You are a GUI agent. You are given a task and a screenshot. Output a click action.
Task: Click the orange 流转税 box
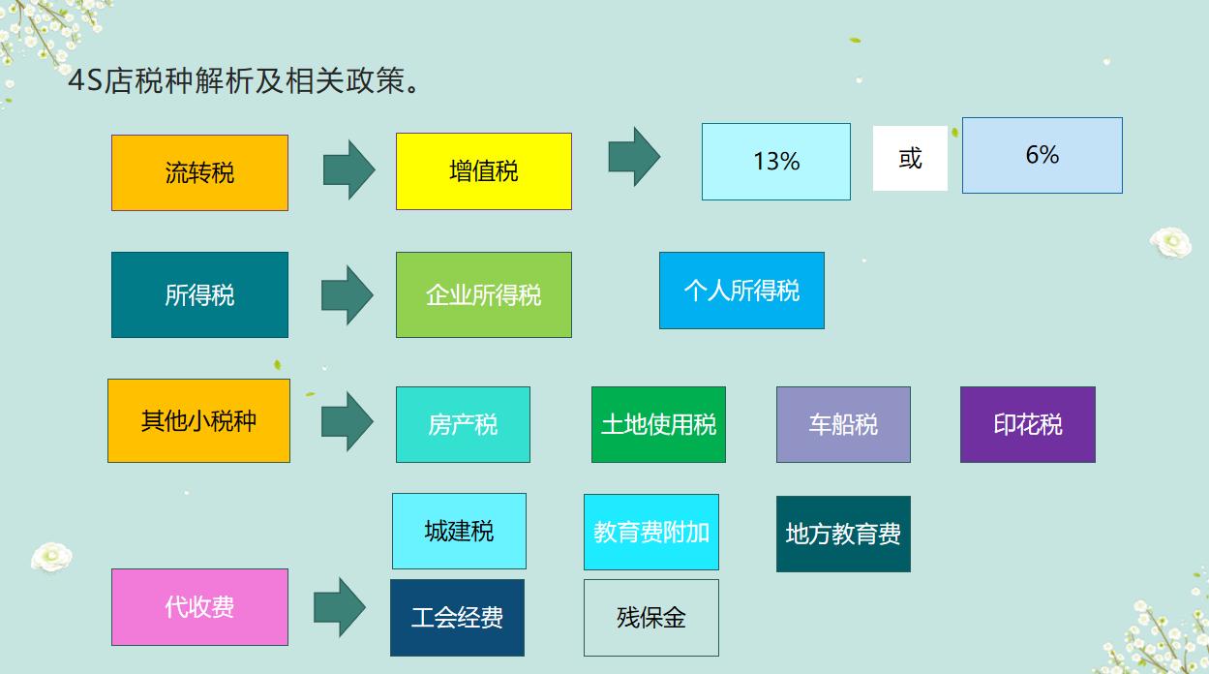click(199, 172)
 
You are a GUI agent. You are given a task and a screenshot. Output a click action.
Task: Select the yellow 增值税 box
click(483, 171)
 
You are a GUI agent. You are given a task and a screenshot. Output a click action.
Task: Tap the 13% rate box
click(775, 162)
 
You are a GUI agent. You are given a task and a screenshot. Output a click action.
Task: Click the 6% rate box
click(1042, 155)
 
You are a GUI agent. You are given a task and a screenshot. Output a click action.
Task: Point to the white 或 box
click(910, 158)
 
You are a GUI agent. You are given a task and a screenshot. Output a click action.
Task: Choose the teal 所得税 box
click(199, 294)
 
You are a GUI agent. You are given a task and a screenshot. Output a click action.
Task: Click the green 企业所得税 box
click(483, 294)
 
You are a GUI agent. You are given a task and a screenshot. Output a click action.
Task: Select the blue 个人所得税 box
click(741, 291)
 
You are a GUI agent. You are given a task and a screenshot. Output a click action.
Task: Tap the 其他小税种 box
click(198, 420)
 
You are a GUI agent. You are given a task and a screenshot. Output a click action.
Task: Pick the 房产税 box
click(463, 424)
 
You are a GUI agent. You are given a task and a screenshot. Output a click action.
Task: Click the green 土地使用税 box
click(658, 424)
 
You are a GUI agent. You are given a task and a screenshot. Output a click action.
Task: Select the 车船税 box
click(843, 424)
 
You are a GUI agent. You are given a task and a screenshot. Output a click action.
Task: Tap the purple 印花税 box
click(1027, 424)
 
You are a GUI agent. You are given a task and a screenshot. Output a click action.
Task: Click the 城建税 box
click(459, 531)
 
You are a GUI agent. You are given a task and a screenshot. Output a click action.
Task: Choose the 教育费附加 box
click(650, 532)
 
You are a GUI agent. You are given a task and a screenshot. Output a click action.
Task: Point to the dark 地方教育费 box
click(843, 534)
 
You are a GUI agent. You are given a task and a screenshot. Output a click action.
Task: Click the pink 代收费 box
click(199, 607)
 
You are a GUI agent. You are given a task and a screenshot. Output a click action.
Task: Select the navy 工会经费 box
click(457, 618)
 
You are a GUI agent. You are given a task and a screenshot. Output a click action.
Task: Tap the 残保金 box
click(650, 618)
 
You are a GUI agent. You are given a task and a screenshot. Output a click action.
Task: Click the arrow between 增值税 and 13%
click(634, 156)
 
